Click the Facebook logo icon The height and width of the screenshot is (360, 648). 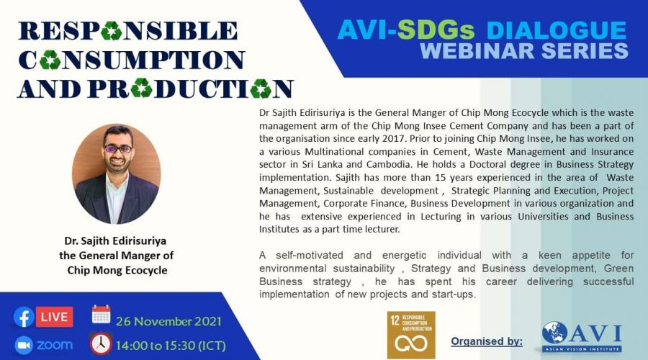(24, 318)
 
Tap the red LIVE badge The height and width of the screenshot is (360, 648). (54, 317)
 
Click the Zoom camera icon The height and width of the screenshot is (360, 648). (24, 346)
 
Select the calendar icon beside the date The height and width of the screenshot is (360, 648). (102, 315)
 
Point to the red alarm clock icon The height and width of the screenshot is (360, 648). (101, 344)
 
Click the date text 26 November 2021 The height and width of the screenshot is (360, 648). (168, 321)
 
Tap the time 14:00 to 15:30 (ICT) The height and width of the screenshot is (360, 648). (171, 346)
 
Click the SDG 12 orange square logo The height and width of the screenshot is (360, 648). (411, 335)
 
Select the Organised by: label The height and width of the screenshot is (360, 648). (487, 341)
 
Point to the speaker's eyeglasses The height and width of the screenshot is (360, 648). (118, 148)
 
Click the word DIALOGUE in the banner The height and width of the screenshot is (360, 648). (557, 30)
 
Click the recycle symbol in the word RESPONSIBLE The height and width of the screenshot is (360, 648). (112, 30)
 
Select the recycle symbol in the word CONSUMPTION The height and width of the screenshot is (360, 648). (50, 60)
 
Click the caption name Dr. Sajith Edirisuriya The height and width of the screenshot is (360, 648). (115, 240)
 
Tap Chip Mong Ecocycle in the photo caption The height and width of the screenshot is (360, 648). (117, 270)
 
